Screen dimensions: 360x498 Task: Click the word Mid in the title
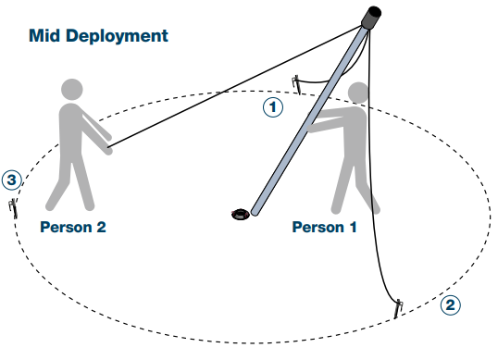[x=46, y=36]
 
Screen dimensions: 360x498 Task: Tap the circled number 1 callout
[x=271, y=107]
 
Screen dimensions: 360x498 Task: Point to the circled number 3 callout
[x=11, y=179]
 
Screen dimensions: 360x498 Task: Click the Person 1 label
[x=324, y=228]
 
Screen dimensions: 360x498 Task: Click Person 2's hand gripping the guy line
[x=109, y=146]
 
